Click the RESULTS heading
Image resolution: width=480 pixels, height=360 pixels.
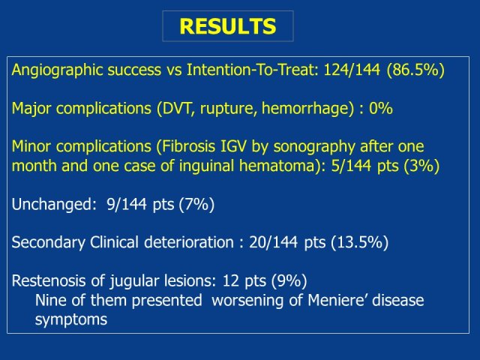click(228, 26)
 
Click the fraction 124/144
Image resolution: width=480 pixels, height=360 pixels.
click(352, 70)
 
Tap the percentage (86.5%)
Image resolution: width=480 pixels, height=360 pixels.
click(415, 70)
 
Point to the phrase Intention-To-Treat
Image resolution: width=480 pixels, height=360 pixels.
click(253, 70)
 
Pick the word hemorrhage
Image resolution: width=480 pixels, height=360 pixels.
click(305, 109)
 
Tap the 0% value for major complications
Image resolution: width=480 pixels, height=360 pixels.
click(380, 108)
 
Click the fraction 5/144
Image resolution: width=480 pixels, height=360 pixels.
click(352, 166)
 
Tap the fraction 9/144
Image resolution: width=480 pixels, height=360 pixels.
click(127, 204)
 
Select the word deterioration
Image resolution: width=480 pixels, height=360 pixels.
click(189, 242)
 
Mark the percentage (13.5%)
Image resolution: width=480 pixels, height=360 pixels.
click(359, 242)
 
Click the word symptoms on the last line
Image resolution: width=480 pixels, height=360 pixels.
click(71, 320)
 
